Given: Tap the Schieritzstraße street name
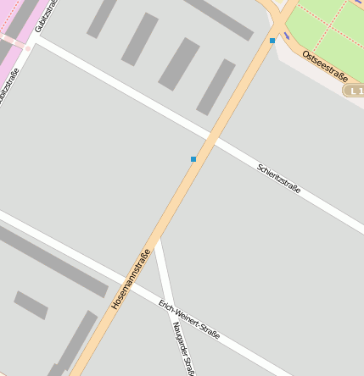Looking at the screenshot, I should [279, 179].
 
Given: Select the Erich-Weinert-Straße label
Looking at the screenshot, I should [189, 318].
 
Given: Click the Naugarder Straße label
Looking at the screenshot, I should [183, 347].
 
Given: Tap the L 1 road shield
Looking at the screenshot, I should [353, 90].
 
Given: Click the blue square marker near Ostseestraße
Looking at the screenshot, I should [272, 41].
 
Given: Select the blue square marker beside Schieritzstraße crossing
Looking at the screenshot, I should [193, 159].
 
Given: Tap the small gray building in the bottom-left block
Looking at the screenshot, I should [31, 305].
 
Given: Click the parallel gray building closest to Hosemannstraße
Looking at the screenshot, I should [216, 87].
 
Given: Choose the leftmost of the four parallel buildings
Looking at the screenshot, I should [102, 19].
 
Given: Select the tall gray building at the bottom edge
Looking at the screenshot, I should [76, 343].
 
